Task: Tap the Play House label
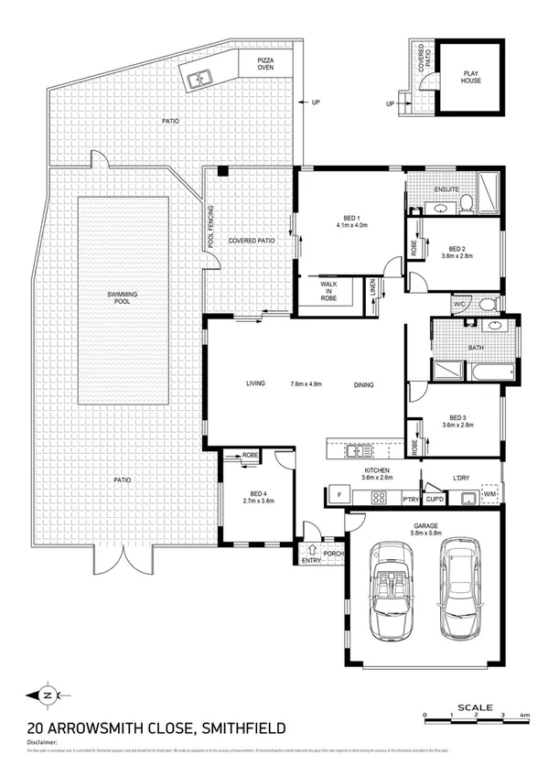(472, 77)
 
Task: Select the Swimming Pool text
(123, 296)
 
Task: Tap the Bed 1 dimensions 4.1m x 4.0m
(350, 224)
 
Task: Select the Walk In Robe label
(328, 292)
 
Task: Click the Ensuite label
(446, 189)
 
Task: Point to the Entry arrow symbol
(312, 551)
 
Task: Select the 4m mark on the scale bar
(524, 714)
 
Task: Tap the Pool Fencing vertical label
(210, 229)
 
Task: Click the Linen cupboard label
(372, 288)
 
